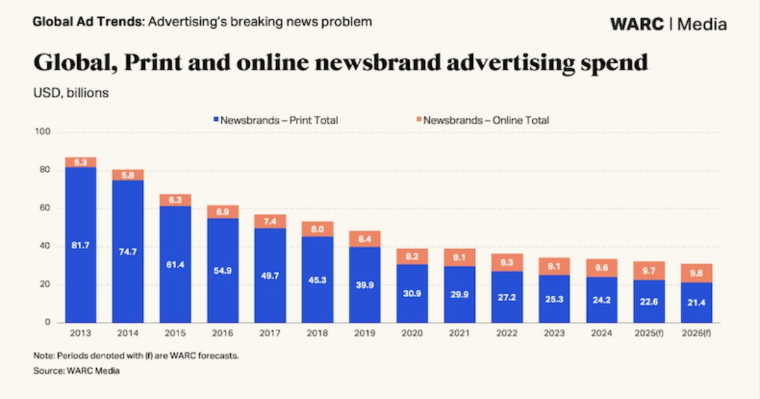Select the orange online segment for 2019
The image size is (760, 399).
click(x=365, y=239)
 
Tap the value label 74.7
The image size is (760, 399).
click(x=128, y=251)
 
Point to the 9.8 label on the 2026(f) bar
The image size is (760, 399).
click(x=697, y=273)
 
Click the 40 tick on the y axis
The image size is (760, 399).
click(x=44, y=246)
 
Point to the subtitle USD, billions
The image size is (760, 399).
click(x=71, y=92)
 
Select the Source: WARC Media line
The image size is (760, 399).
click(x=76, y=370)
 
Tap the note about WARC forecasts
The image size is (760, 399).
click(x=136, y=356)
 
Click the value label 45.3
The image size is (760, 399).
click(x=317, y=279)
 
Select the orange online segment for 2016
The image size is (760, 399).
click(x=223, y=212)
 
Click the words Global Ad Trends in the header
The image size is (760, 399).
click(x=87, y=22)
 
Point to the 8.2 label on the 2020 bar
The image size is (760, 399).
click(x=412, y=256)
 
